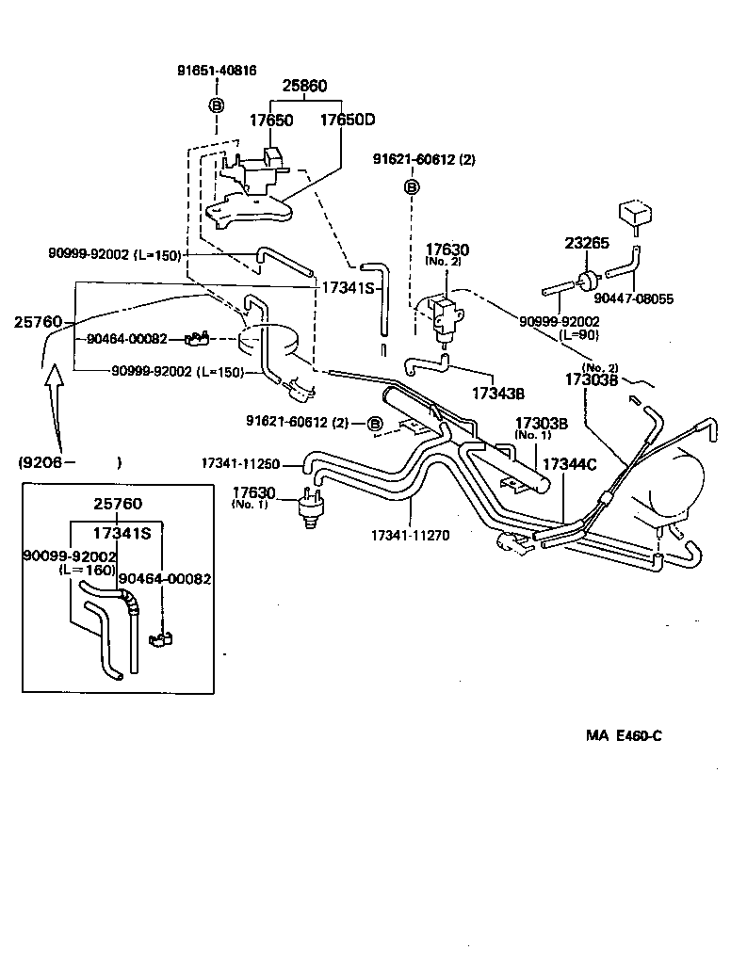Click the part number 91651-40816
(x=217, y=71)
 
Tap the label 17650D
(x=347, y=121)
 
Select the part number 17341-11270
(x=411, y=535)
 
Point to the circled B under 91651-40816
(x=216, y=105)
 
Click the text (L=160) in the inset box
(x=87, y=571)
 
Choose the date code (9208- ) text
(x=69, y=462)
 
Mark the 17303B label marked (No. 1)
(x=540, y=424)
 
